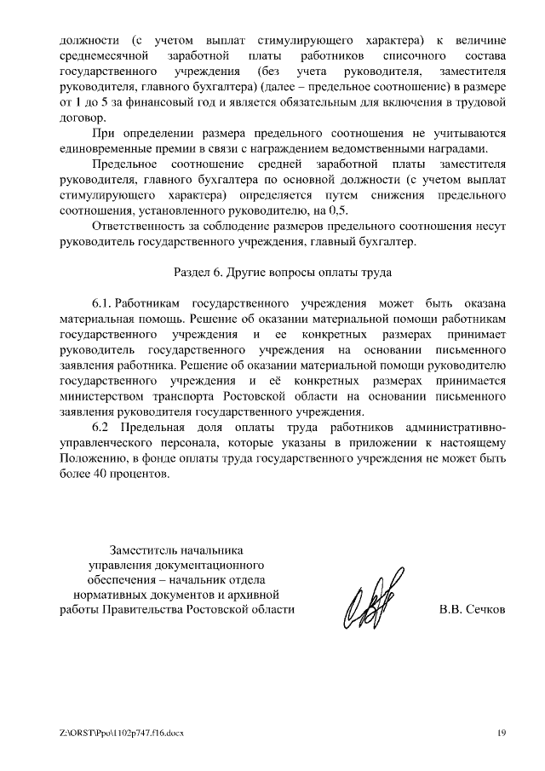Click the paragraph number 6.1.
[102, 303]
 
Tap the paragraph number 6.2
[101, 427]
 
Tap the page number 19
[502, 733]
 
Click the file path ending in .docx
[122, 733]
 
